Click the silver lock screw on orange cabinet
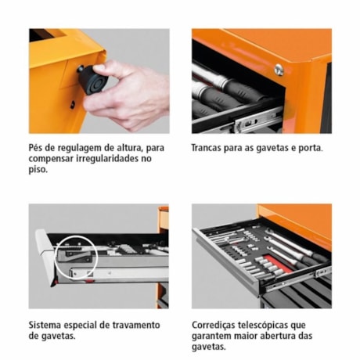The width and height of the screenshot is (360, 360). [279, 70]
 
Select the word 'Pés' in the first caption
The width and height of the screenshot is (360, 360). [38, 146]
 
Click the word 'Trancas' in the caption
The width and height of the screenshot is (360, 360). [210, 146]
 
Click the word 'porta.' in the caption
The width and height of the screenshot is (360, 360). [308, 146]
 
